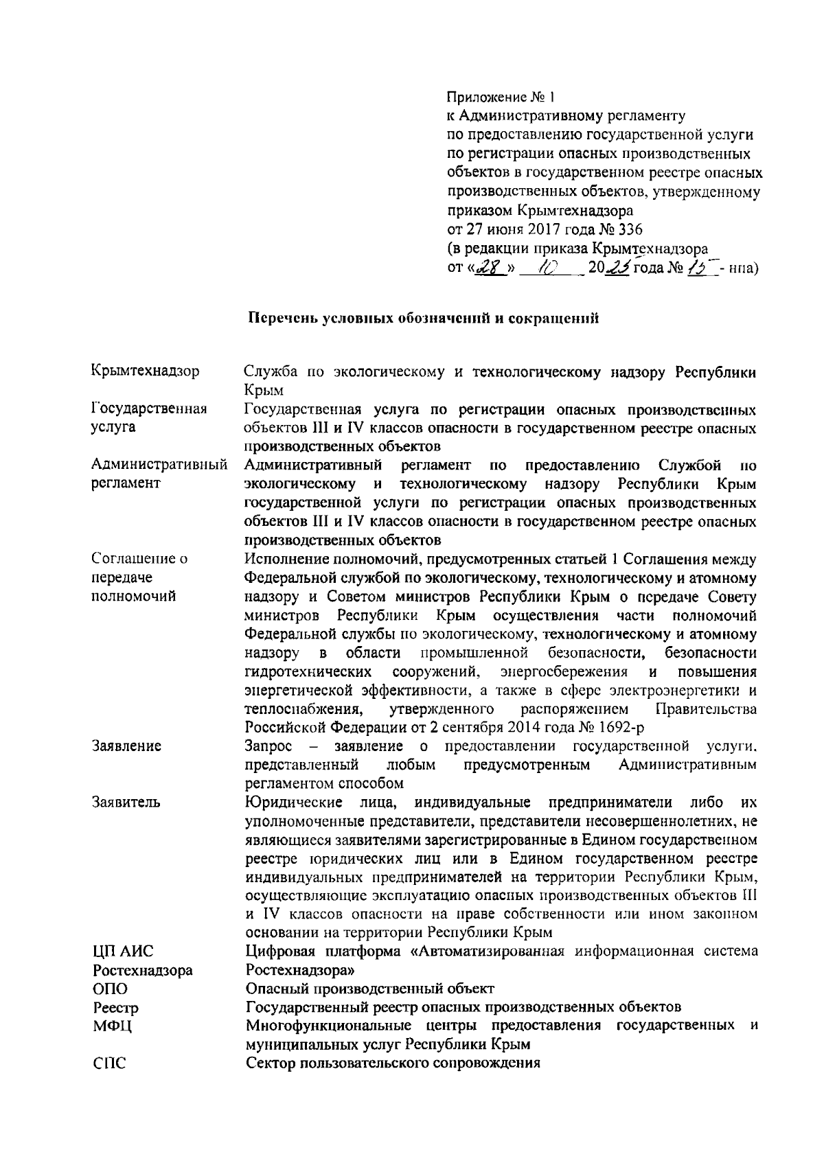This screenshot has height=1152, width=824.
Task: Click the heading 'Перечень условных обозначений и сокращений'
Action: coord(423,319)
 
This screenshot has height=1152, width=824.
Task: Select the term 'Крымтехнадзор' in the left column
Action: coord(146,372)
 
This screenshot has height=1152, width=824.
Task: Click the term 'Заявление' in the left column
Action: coord(126,746)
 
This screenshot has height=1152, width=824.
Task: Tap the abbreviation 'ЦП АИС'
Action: coord(124,952)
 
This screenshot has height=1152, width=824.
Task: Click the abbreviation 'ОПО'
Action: coord(110,989)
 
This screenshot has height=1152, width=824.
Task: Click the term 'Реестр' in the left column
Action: coord(115,1008)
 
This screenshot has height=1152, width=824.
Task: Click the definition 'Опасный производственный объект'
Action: coord(369,989)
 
